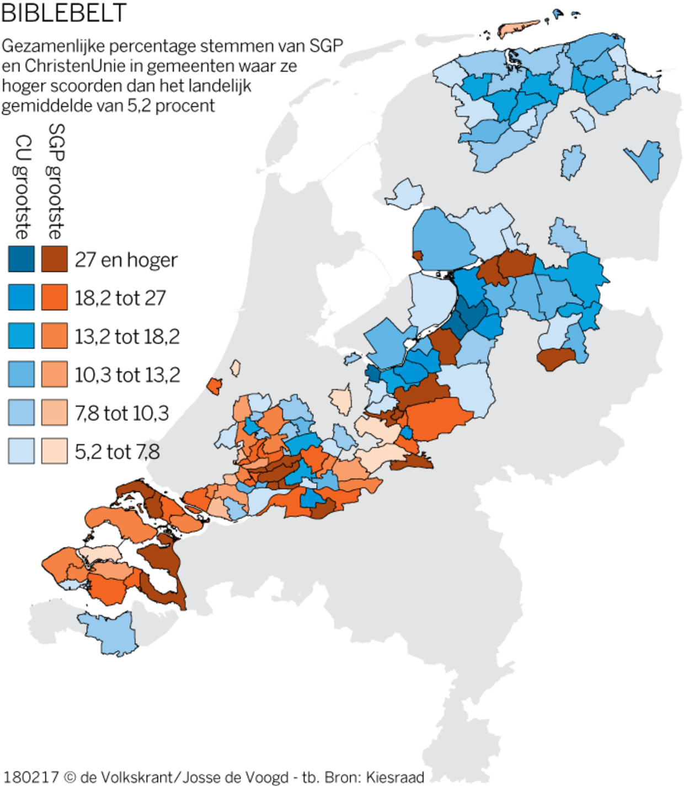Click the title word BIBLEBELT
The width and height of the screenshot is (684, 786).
tap(63, 13)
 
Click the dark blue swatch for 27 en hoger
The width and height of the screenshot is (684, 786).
tap(22, 259)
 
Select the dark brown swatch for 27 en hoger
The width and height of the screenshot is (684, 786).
tap(54, 259)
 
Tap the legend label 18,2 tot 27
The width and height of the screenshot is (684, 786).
tap(120, 298)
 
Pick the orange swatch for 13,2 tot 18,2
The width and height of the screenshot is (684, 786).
tap(54, 336)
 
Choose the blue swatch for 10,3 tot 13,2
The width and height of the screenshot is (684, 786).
tap(22, 375)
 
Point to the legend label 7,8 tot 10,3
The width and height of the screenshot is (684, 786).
tap(122, 413)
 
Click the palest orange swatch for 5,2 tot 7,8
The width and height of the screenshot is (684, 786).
tap(54, 451)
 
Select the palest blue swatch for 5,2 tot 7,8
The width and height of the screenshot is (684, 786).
tap(22, 451)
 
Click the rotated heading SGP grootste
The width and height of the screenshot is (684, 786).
tap(56, 181)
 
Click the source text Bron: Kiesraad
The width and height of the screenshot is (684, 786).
tap(375, 777)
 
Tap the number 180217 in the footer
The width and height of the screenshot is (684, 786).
tap(31, 777)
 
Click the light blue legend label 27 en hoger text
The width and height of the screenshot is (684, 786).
tap(126, 260)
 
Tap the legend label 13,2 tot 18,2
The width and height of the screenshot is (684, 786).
tap(127, 336)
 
